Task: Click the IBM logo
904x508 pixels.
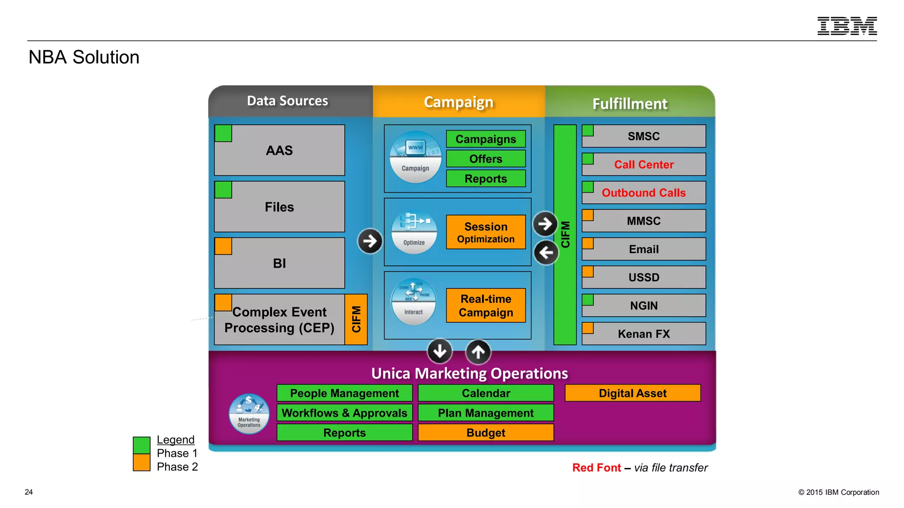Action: pyautogui.click(x=847, y=26)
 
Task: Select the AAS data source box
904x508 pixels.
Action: pyautogui.click(x=279, y=150)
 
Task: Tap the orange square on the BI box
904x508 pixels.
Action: pyautogui.click(x=223, y=247)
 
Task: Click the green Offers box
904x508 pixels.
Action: pyautogui.click(x=486, y=159)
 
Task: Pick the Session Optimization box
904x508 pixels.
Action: pyautogui.click(x=486, y=232)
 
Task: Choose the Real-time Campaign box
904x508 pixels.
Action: pyautogui.click(x=486, y=306)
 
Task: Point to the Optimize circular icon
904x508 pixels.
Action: pyautogui.click(x=414, y=232)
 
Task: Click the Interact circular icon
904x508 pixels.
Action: pyautogui.click(x=414, y=302)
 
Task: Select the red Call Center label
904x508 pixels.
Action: pyautogui.click(x=644, y=165)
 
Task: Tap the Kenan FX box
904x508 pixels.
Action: pyautogui.click(x=644, y=334)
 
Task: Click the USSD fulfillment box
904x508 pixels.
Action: pyautogui.click(x=644, y=277)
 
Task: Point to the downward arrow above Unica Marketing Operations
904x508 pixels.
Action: pyautogui.click(x=440, y=351)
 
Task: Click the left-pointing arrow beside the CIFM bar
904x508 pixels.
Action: pyautogui.click(x=546, y=253)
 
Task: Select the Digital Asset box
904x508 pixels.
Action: pyautogui.click(x=633, y=393)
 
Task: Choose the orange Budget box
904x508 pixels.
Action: pyautogui.click(x=486, y=433)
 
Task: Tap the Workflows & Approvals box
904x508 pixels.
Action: pyautogui.click(x=344, y=413)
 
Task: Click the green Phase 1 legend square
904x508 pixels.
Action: pyautogui.click(x=142, y=445)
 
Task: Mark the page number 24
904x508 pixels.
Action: pyautogui.click(x=29, y=492)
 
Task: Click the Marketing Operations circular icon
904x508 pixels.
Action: pyautogui.click(x=249, y=414)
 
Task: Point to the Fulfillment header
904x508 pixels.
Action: pyautogui.click(x=629, y=104)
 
